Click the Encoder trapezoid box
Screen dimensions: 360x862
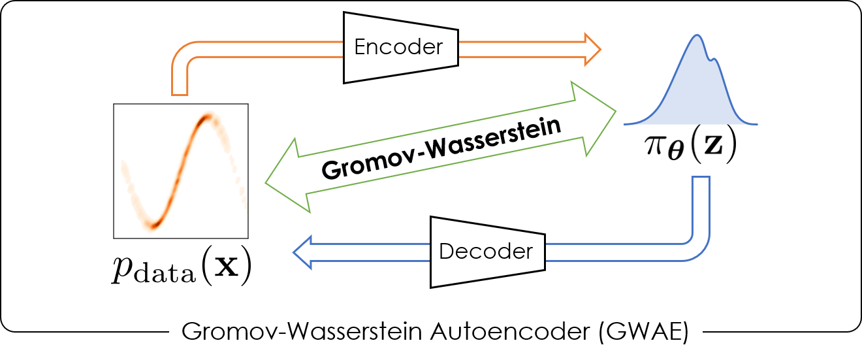coord(400,47)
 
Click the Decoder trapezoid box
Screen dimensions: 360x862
coord(487,251)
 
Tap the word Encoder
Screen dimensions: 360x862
coord(398,47)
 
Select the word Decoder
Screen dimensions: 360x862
coord(486,251)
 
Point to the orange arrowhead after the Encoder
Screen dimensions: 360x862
coord(592,47)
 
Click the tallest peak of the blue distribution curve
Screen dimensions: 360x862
coord(697,36)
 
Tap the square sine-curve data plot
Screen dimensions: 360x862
coord(180,171)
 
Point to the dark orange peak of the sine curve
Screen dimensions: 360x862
coord(208,118)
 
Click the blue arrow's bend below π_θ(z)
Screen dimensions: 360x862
coord(697,242)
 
